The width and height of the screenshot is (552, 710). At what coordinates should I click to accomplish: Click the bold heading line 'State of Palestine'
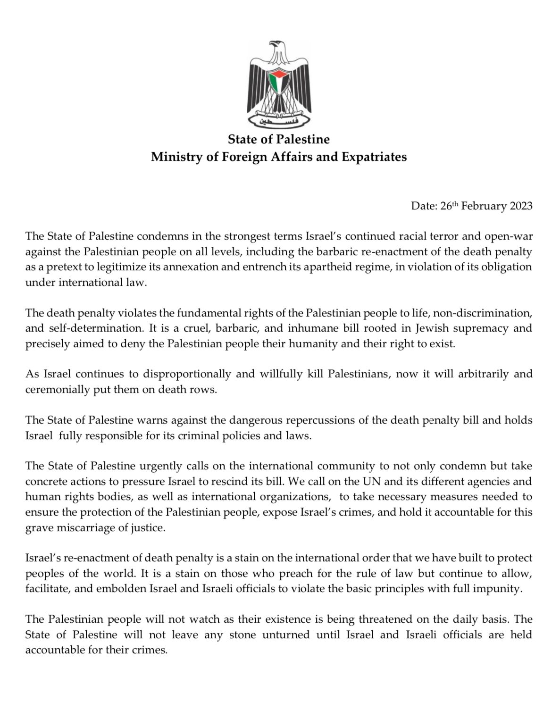pos(278,139)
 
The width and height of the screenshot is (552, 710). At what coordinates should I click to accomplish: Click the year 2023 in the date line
pos(521,206)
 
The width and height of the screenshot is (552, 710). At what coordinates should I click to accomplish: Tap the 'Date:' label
pos(424,206)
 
